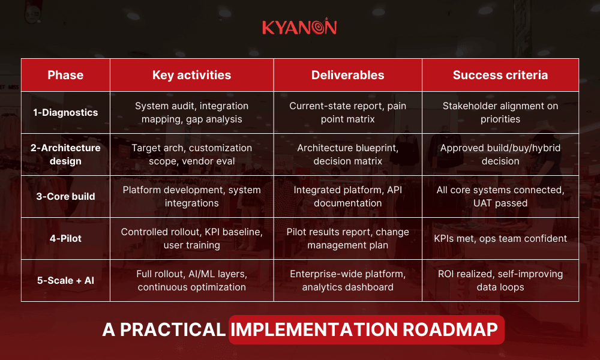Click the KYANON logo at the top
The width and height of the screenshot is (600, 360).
coord(299,27)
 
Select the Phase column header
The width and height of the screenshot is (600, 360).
coord(65,75)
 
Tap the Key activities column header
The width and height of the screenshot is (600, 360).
coord(191,75)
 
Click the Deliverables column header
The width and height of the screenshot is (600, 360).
coord(347,75)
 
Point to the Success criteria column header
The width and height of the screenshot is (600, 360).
coord(500,75)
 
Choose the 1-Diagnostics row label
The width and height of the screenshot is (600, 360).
coord(65,112)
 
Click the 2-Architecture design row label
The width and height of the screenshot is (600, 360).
coord(65,154)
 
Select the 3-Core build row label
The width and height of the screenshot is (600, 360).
coord(65,196)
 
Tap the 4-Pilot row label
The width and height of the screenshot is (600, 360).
coord(65,238)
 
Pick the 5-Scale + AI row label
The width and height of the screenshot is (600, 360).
coord(65,280)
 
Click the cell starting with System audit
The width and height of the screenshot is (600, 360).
coord(191,112)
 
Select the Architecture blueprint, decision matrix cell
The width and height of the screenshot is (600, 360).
coord(347,154)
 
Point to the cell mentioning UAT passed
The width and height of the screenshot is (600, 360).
coord(500,196)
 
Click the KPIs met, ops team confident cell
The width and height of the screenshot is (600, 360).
coord(500,238)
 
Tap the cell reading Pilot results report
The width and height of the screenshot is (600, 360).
coord(347,238)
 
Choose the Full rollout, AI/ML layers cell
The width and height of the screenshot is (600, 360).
coord(191,280)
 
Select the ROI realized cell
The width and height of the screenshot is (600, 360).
coord(500,280)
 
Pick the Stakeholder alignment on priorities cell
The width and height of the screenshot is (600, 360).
coord(500,112)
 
